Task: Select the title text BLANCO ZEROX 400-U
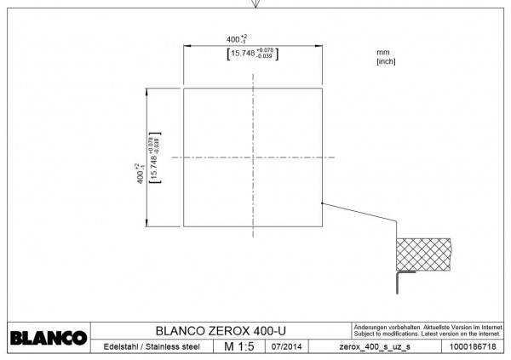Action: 221,331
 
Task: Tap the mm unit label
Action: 382,53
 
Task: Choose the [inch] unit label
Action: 387,61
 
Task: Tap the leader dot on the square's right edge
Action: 321,203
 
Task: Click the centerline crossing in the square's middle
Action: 253,157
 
